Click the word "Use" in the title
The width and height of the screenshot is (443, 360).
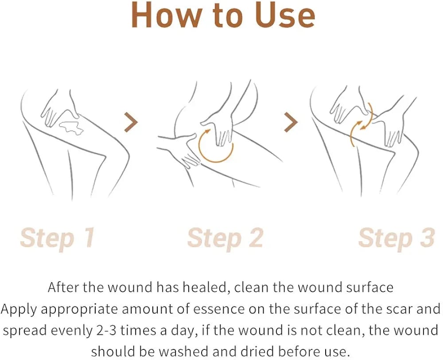(x=285, y=15)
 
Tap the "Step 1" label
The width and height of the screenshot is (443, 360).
(x=57, y=238)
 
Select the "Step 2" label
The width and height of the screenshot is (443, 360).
(x=225, y=238)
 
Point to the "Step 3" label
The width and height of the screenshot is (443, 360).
(x=396, y=238)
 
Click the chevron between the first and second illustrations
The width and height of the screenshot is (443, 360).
(x=131, y=122)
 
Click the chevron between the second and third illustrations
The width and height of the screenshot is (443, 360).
(x=291, y=122)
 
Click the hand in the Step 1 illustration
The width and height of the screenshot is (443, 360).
(x=58, y=108)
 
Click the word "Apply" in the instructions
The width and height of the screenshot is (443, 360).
(x=19, y=309)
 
